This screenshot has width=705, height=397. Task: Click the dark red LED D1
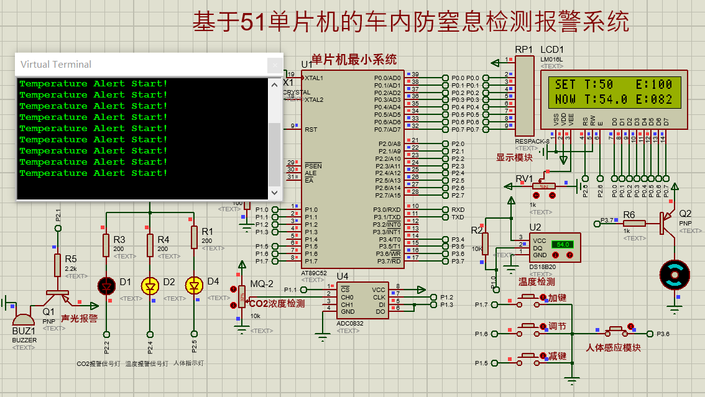[106, 286]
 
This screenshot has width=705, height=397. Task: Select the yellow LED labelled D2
[150, 286]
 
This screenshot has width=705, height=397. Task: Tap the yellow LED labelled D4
[195, 286]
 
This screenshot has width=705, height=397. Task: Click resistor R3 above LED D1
[106, 245]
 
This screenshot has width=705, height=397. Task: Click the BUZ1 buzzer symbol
[25, 317]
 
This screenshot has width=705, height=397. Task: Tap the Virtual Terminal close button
[274, 65]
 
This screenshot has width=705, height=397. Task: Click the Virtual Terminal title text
[56, 65]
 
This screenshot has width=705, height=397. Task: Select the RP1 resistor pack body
[524, 93]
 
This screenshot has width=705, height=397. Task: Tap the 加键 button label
[557, 298]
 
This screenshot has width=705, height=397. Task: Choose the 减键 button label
[557, 356]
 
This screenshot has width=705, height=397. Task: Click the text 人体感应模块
[613, 348]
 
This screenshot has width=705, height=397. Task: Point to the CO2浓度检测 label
[277, 304]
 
